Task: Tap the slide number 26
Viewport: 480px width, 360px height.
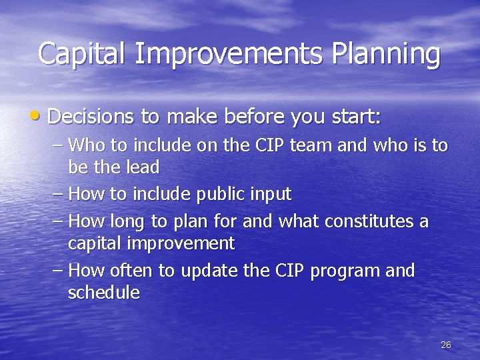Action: (446, 345)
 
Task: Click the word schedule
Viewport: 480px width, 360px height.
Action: (103, 293)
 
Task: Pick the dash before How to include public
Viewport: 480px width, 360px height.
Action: (58, 195)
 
